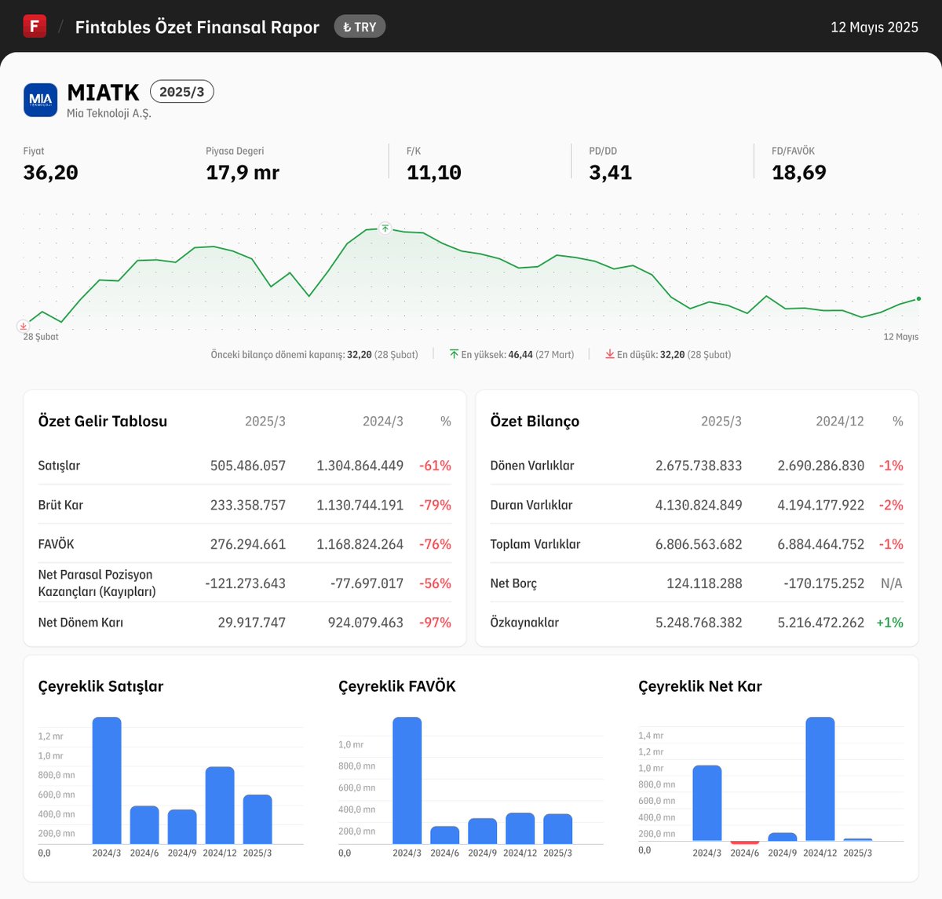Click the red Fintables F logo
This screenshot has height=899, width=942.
[x=35, y=26]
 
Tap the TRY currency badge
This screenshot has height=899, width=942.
[x=360, y=27]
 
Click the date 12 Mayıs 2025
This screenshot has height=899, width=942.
[x=874, y=27]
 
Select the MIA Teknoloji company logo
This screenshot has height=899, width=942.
[x=40, y=100]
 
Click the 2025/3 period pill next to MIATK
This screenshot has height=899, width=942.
[x=181, y=92]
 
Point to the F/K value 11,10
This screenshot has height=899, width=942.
[x=433, y=173]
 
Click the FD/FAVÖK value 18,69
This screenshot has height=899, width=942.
[x=798, y=173]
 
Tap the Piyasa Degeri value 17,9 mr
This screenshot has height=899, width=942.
[x=242, y=173]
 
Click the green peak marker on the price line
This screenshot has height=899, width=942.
[x=385, y=228]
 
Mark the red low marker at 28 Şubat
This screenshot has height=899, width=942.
[x=24, y=326]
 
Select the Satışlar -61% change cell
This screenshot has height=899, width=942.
[x=435, y=466]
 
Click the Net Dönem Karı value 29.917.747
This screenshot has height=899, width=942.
[x=251, y=623]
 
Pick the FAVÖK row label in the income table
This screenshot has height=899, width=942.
[x=57, y=544]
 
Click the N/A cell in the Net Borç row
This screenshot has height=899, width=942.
[x=891, y=583]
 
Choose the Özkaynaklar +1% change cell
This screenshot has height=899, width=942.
[x=889, y=623]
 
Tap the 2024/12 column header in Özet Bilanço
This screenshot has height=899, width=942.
[x=839, y=422]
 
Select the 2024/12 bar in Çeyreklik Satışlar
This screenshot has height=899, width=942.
[x=220, y=805]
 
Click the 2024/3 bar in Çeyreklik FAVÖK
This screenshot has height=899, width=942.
[x=407, y=780]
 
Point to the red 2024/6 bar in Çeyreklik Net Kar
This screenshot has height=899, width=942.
[x=744, y=842]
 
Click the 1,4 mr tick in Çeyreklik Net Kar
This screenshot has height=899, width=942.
[x=651, y=736]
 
